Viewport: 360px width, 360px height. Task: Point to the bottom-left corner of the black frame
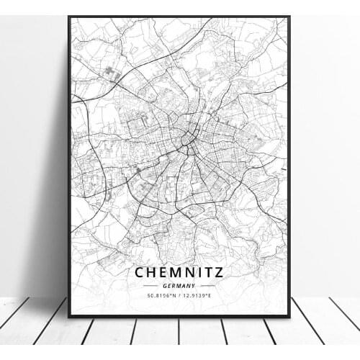(69, 316)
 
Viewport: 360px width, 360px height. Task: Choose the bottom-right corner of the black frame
(289, 316)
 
